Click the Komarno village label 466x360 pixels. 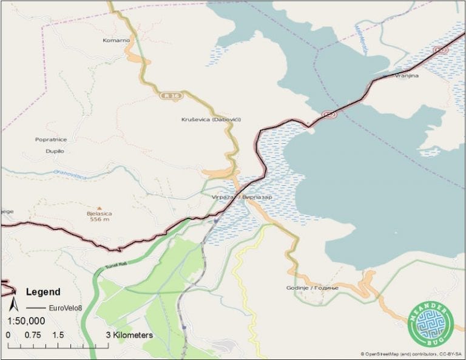[x=116, y=41]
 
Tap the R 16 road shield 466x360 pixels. [x=169, y=95]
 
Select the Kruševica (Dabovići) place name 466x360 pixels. [x=211, y=120]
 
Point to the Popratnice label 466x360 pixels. [x=50, y=140]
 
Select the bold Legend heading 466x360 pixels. [x=43, y=291]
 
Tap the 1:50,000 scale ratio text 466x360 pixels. [x=26, y=321]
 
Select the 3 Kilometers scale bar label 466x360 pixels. [x=129, y=335]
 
